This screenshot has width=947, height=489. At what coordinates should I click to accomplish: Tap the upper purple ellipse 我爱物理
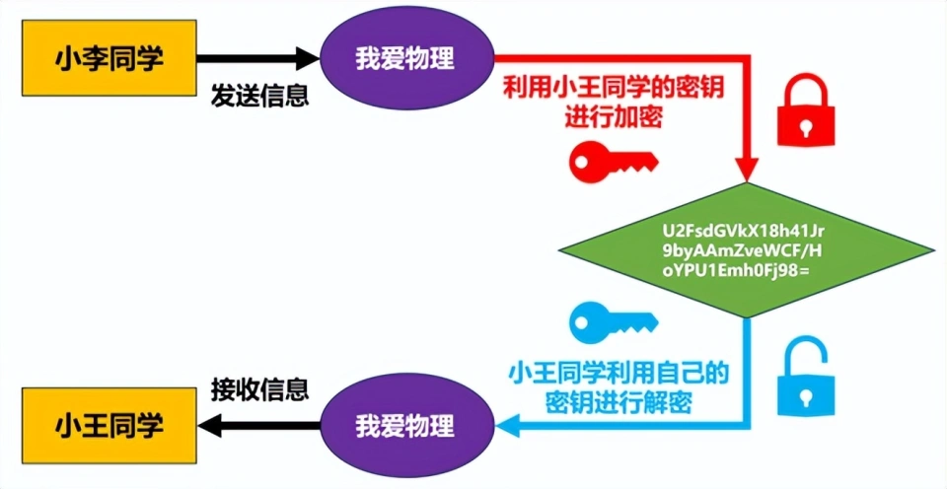tap(404, 58)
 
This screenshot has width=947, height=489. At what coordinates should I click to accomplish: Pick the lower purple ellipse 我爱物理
tap(404, 427)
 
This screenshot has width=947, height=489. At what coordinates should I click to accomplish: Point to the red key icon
tap(612, 158)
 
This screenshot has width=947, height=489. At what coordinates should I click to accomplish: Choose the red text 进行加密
tap(613, 117)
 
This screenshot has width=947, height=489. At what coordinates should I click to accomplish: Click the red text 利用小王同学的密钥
tap(613, 88)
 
